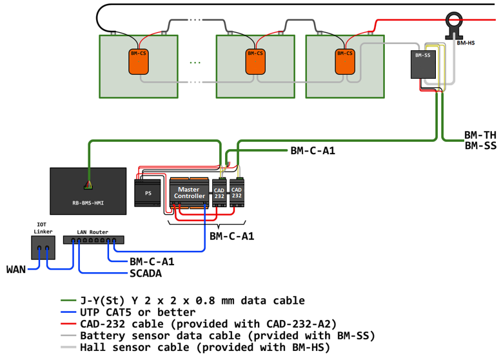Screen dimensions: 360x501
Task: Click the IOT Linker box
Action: [x=43, y=247]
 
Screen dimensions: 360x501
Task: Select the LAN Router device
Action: [x=93, y=240]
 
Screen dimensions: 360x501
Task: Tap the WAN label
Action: [x=16, y=268]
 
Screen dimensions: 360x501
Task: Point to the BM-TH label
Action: [x=480, y=135]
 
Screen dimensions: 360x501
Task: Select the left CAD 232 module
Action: [x=220, y=192]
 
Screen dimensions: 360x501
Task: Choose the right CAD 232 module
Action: [x=237, y=192]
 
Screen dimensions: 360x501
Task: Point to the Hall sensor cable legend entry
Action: [x=204, y=348]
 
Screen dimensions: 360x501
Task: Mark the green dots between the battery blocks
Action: [x=196, y=63]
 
